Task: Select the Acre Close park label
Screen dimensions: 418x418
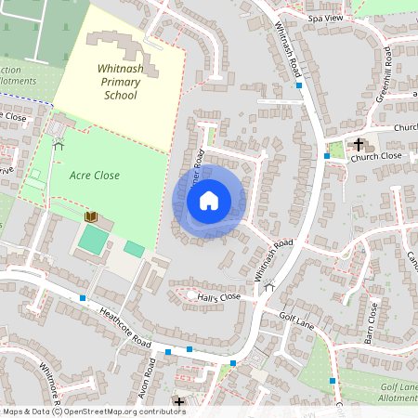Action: [x=94, y=175]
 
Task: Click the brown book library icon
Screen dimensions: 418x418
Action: [x=91, y=216]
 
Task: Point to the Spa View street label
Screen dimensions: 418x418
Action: [x=325, y=18]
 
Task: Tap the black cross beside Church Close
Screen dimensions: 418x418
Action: [x=359, y=143]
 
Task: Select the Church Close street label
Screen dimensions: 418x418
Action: [x=376, y=156]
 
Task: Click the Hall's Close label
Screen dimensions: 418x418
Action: [x=218, y=297]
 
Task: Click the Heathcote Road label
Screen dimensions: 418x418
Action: [x=125, y=330]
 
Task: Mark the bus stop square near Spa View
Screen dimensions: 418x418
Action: [x=299, y=85]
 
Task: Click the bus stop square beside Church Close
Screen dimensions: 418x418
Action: [x=327, y=156]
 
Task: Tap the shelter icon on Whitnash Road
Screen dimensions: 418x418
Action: [x=269, y=287]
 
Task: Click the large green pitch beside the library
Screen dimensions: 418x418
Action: [x=93, y=240]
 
